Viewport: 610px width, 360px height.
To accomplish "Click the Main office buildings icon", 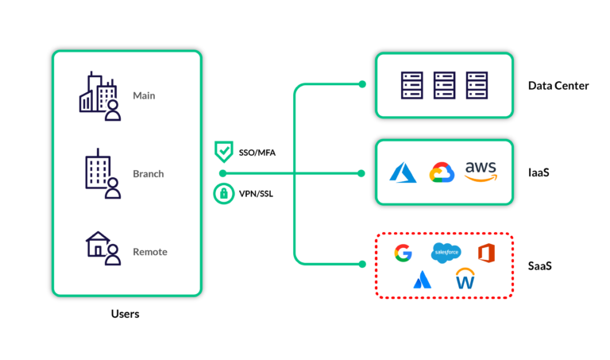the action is click(x=100, y=95).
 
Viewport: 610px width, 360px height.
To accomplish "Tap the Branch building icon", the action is click(x=103, y=173).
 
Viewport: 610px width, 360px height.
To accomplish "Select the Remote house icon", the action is click(x=103, y=248).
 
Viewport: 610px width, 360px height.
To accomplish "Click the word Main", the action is click(x=144, y=95).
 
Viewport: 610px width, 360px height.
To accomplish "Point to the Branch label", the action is click(x=149, y=173).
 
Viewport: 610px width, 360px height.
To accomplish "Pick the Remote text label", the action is click(x=150, y=252).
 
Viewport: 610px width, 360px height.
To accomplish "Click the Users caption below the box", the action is click(x=125, y=314).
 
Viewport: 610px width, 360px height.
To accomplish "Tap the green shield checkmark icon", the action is click(x=224, y=152).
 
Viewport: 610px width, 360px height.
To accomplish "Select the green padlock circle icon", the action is click(x=224, y=193).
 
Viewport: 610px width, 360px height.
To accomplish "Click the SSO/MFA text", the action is click(x=257, y=153).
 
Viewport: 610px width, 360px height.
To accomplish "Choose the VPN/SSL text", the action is click(x=256, y=194).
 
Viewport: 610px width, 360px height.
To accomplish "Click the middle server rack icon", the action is click(x=444, y=85).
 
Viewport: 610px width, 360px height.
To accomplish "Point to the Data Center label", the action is click(x=558, y=86).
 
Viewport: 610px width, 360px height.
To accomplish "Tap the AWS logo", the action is click(x=481, y=172).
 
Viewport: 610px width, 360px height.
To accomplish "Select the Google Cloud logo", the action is click(x=442, y=172).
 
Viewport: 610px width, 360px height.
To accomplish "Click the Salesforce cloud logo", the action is click(x=446, y=253).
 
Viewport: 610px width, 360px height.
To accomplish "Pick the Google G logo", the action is click(x=403, y=253).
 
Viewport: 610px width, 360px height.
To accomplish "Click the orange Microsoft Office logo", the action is click(x=486, y=253).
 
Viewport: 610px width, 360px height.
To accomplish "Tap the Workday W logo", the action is click(x=465, y=278).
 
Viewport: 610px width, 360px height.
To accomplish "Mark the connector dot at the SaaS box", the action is click(x=362, y=265).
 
